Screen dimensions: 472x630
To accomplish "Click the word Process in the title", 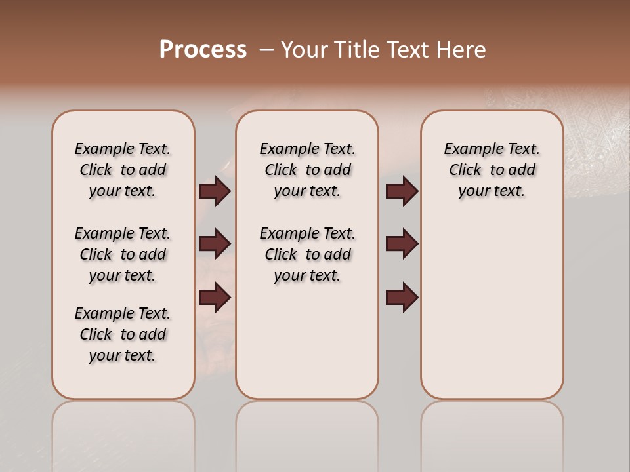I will [x=203, y=50].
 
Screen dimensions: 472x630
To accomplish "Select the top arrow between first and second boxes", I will [x=215, y=191].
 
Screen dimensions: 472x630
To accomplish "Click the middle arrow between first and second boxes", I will [x=215, y=244].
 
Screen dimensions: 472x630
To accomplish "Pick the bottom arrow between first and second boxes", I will [x=215, y=298].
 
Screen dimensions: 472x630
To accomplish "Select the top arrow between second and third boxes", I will [x=402, y=191].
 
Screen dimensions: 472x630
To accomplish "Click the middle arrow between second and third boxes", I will [x=402, y=244].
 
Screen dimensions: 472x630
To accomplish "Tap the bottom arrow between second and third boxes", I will [x=402, y=298].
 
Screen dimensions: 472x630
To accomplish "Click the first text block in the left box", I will [x=123, y=170].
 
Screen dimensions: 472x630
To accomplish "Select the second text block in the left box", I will [x=123, y=254].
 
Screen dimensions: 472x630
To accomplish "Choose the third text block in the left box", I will [x=123, y=334].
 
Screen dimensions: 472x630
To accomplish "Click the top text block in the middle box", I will [x=307, y=170].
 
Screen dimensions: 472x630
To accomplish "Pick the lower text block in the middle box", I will [x=307, y=254].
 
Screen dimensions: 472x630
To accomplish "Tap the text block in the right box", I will [x=492, y=170].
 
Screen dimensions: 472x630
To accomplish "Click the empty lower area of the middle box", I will [x=307, y=341].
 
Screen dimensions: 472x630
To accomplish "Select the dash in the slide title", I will [x=266, y=50].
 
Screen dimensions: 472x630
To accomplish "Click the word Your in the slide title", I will [x=306, y=50].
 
